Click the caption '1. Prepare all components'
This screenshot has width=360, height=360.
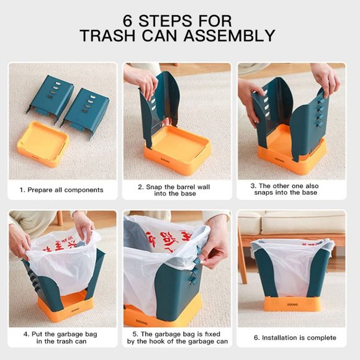(x=61, y=190)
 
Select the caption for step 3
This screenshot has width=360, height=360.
(x=291, y=189)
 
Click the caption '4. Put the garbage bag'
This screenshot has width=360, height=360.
(x=61, y=338)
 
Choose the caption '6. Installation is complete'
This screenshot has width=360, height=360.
(x=291, y=338)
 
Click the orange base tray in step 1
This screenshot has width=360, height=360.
(x=43, y=143)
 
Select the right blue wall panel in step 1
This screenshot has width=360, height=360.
(x=86, y=110)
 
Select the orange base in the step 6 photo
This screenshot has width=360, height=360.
(x=292, y=304)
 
